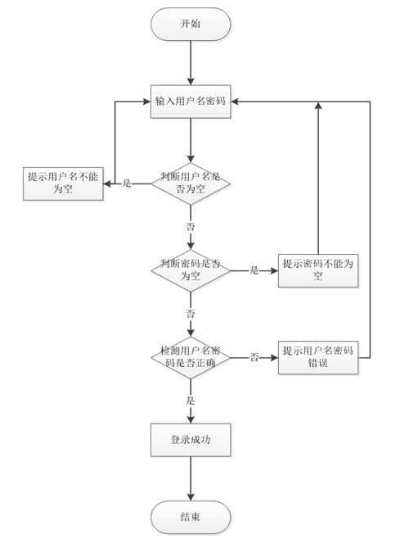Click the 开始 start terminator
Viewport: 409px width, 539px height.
click(191, 25)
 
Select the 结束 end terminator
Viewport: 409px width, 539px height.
click(191, 517)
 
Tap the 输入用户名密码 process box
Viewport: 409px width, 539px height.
click(191, 102)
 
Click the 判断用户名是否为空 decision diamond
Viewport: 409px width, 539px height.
click(191, 183)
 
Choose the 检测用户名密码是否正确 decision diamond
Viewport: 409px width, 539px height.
click(191, 356)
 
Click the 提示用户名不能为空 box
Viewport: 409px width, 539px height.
click(63, 183)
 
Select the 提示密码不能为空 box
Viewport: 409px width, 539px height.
click(317, 269)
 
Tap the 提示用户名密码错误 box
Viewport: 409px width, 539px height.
click(317, 356)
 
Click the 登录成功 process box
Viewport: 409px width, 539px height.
click(191, 440)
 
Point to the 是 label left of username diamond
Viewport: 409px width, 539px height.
click(127, 183)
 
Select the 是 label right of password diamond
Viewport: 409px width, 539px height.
click(254, 269)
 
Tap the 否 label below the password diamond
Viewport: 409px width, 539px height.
click(191, 313)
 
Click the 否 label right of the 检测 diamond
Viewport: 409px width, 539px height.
click(254, 356)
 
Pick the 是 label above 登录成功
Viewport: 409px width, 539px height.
click(191, 400)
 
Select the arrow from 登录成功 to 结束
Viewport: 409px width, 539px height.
click(191, 478)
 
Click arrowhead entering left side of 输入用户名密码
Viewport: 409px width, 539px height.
click(147, 102)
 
